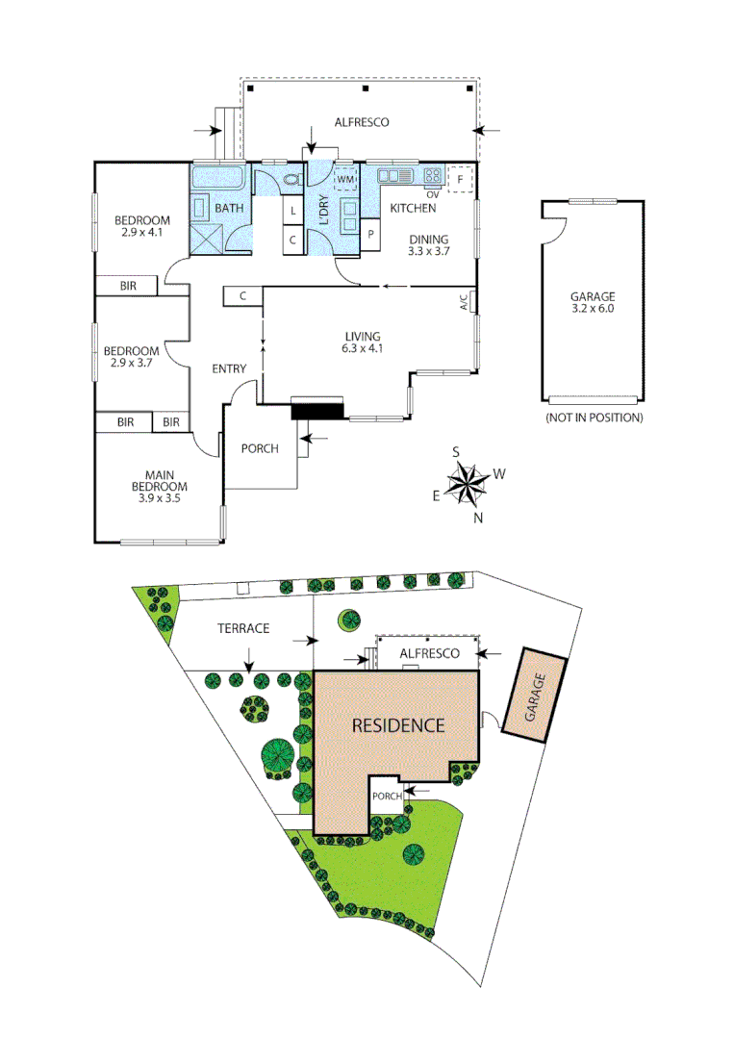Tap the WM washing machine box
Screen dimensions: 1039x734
(345, 180)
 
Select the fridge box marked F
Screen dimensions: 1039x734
(461, 180)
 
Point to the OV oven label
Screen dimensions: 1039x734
(432, 194)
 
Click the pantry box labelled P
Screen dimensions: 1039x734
(370, 234)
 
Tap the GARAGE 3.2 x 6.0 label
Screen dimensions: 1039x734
(592, 303)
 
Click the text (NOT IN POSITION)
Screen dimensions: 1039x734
(593, 418)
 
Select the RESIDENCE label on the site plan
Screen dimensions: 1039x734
(397, 725)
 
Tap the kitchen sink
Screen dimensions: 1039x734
(394, 176)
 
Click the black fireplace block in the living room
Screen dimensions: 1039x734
(316, 411)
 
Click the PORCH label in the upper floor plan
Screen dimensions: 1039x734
(260, 447)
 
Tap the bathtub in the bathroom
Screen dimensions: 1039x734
(220, 178)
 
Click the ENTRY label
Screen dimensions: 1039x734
(229, 368)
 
